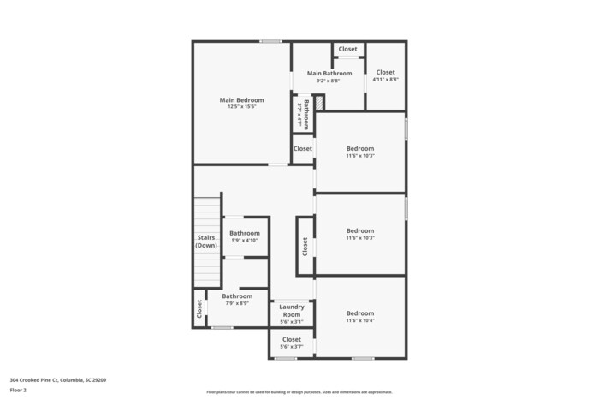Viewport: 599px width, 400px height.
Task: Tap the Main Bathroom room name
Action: point(329,74)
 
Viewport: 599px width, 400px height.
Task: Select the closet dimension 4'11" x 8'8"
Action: point(386,80)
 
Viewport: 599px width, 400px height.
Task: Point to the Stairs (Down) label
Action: point(206,242)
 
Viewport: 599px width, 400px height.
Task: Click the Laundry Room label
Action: point(292,310)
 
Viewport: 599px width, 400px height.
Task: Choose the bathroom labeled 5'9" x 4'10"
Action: point(244,236)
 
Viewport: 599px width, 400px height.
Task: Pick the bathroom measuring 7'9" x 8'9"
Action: point(237,300)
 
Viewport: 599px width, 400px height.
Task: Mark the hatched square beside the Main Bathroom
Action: point(319,103)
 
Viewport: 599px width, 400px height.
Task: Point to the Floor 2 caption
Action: point(18,390)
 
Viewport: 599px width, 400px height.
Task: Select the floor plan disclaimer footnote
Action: point(299,391)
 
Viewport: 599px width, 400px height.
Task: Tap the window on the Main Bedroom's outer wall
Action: point(271,41)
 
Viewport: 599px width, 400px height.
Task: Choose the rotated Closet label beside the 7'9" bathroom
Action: point(199,308)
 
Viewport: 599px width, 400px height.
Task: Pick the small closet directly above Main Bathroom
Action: point(347,50)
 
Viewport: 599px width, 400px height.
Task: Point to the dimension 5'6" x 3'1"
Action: point(292,322)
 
